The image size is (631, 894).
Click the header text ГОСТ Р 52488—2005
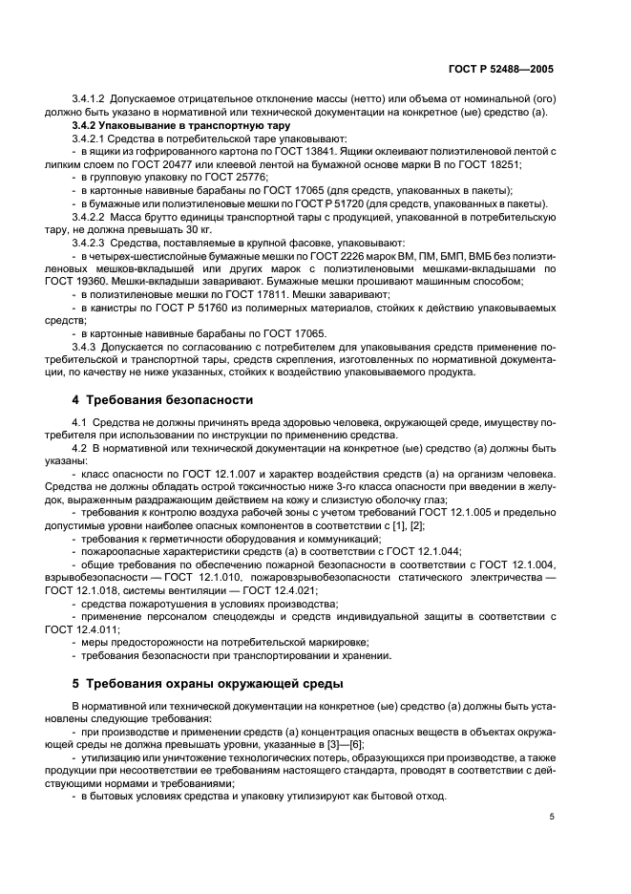(x=503, y=69)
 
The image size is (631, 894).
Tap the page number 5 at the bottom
(x=552, y=817)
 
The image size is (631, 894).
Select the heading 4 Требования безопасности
(x=163, y=399)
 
